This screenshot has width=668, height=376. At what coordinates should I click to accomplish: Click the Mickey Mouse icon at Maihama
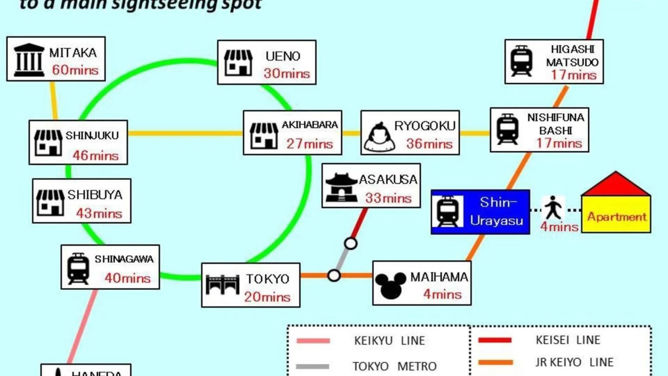click(x=390, y=285)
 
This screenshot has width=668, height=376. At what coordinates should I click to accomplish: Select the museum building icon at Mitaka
click(x=29, y=60)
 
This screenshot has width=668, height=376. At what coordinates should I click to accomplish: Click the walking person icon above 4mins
click(x=553, y=208)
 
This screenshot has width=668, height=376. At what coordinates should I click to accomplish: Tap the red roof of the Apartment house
click(x=615, y=184)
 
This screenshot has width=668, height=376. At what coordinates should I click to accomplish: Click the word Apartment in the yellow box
click(x=617, y=217)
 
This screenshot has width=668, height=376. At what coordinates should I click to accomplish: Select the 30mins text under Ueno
click(x=286, y=73)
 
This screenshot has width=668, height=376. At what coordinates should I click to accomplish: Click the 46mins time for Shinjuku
click(x=96, y=156)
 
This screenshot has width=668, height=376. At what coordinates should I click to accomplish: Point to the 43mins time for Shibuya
click(x=99, y=213)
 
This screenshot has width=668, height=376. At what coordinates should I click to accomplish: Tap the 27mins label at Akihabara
click(x=310, y=144)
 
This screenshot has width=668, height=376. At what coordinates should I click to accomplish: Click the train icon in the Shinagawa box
click(x=78, y=268)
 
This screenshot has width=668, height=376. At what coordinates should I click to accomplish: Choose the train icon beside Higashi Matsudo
click(x=521, y=61)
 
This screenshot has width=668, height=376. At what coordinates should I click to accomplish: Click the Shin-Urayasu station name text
click(x=496, y=211)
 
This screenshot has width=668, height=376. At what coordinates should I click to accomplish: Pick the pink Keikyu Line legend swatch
click(x=313, y=341)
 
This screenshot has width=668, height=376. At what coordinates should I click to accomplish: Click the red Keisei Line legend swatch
click(x=495, y=340)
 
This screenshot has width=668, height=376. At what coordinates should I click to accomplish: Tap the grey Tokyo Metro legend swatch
click(x=312, y=366)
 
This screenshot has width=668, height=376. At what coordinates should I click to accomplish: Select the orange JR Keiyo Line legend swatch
click(x=495, y=362)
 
